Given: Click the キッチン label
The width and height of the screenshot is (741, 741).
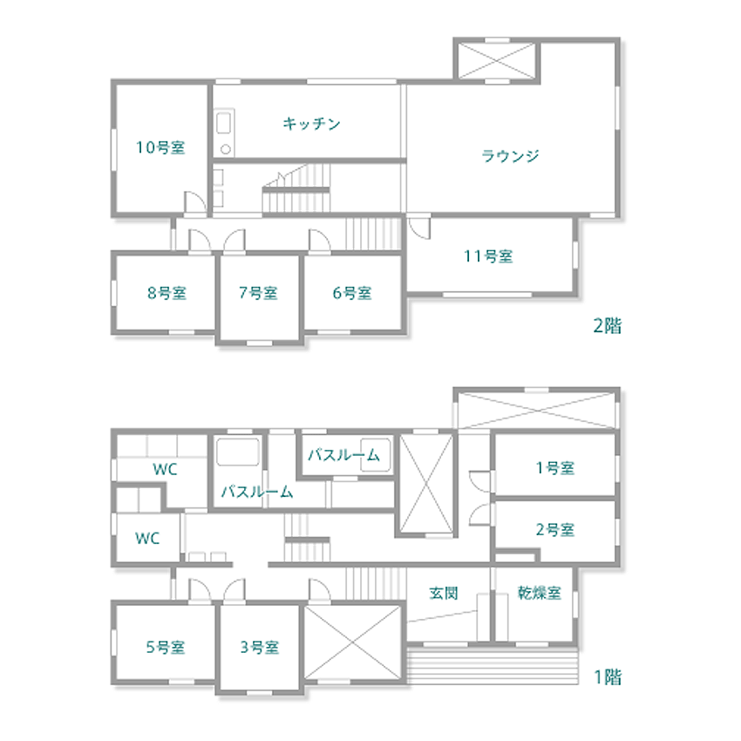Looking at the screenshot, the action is tap(311, 124).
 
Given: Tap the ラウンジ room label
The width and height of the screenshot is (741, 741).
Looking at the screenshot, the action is tap(510, 155).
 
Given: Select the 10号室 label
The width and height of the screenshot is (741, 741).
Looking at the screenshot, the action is tap(160, 147).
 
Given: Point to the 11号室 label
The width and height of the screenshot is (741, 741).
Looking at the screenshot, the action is tap(488, 256).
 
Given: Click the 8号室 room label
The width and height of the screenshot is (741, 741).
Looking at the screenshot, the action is tap(167, 293).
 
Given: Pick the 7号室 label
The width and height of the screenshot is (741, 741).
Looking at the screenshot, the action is tap(258, 293).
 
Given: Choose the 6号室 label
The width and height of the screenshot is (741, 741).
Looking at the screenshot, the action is tap(352, 293).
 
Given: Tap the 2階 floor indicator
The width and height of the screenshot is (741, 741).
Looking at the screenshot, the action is tap(608, 326).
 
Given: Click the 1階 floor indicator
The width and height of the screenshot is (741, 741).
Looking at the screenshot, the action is tap(608, 677).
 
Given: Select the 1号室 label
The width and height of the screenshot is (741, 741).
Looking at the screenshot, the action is tap(555, 468).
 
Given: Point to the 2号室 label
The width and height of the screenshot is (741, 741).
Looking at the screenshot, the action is tap(555, 530).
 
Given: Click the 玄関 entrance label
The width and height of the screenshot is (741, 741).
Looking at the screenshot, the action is tap(444, 593).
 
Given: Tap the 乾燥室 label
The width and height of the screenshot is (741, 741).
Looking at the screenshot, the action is tap(540, 593).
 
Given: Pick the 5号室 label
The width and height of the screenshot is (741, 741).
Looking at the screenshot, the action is tap(166, 647).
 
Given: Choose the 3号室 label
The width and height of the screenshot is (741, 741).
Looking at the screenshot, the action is tap(260, 647).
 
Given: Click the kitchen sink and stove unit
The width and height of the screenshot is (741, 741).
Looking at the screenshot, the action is tap(224, 133).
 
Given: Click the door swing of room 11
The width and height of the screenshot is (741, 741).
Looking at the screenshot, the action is tap(419, 228).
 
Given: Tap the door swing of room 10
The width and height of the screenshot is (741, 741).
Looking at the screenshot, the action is tap(194, 201).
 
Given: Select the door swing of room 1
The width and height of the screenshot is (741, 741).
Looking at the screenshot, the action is tap(481, 481).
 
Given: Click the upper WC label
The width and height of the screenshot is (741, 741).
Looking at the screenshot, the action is tap(165, 469).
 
